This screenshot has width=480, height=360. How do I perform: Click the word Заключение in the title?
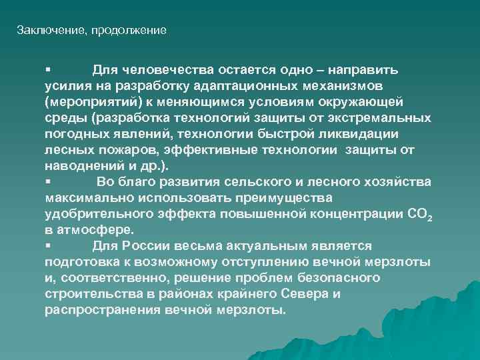(x=43, y=31)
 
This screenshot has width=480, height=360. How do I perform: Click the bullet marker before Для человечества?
(x=48, y=70)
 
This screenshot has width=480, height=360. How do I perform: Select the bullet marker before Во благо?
(x=48, y=182)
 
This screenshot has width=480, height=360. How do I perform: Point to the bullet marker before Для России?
(x=48, y=246)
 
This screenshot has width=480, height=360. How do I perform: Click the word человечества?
(x=157, y=70)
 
